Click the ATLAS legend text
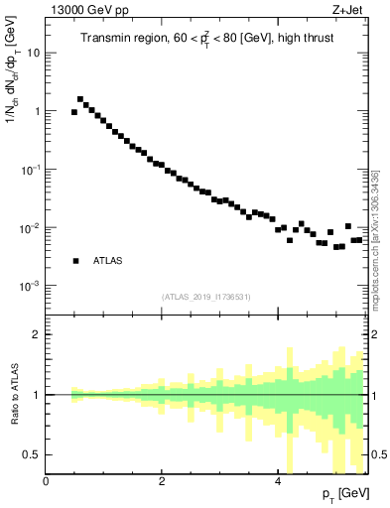point(107,261)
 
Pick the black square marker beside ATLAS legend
point(75,261)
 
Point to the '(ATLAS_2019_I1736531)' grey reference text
point(205,297)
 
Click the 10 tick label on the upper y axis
point(33,53)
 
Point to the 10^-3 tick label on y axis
point(30,286)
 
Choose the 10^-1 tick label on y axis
point(30,170)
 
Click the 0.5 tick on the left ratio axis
point(33,453)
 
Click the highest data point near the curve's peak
point(80,99)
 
